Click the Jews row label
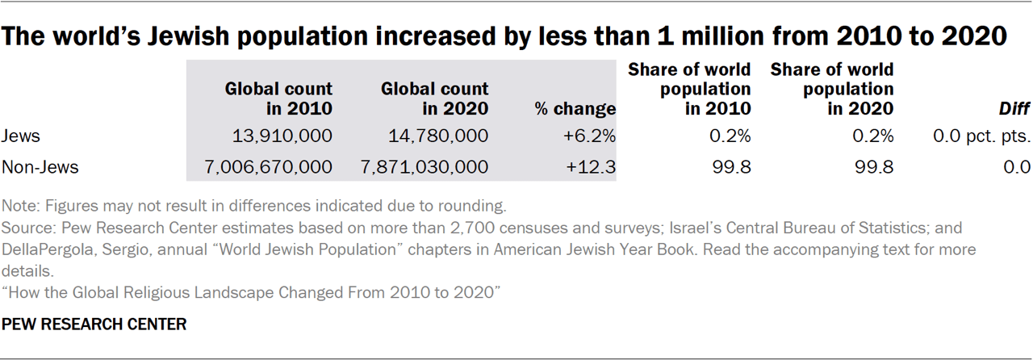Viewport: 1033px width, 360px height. pyautogui.click(x=21, y=136)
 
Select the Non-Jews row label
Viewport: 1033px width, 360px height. pyautogui.click(x=40, y=167)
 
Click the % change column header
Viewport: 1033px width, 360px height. pyautogui.click(x=575, y=108)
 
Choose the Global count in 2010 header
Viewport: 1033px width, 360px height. pyautogui.click(x=278, y=98)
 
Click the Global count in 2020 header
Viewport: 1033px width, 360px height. pyautogui.click(x=435, y=98)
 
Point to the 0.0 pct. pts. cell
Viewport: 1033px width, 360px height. pyautogui.click(x=981, y=136)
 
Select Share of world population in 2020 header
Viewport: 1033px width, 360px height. pyautogui.click(x=832, y=89)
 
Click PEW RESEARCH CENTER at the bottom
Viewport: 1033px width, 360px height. pyautogui.click(x=95, y=324)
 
